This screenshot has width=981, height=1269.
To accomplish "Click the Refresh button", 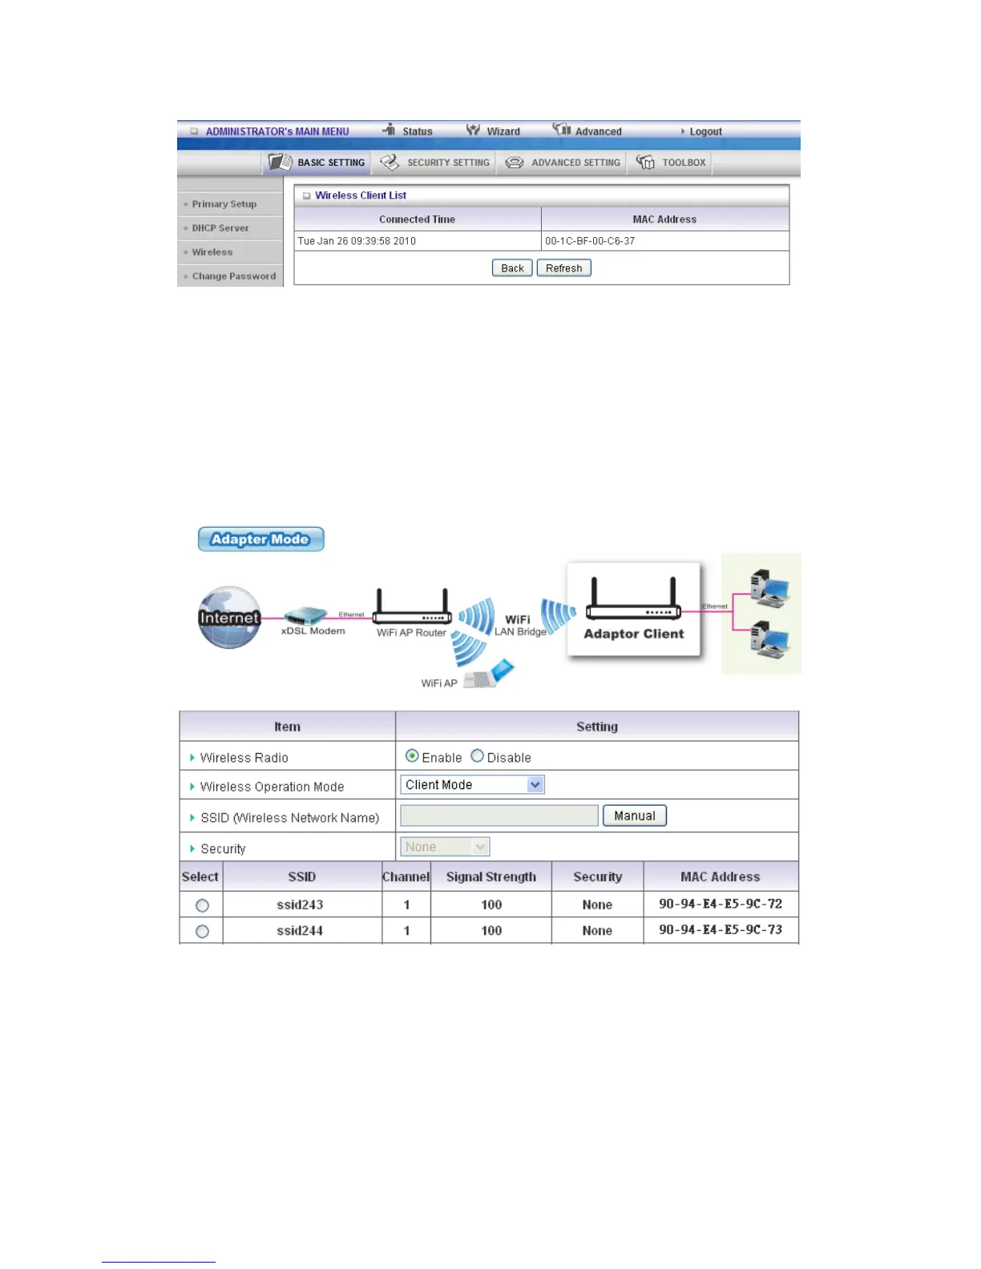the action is pyautogui.click(x=563, y=268).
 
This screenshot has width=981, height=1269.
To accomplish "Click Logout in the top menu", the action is pyautogui.click(x=704, y=131).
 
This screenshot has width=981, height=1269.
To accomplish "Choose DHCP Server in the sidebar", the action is pyautogui.click(x=220, y=228).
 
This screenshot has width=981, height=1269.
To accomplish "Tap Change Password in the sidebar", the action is pyautogui.click(x=233, y=276).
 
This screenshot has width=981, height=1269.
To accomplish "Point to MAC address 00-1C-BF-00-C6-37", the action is pyautogui.click(x=590, y=241).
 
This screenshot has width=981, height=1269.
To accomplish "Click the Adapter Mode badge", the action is pyautogui.click(x=261, y=539).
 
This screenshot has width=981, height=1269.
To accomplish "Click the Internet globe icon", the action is pyautogui.click(x=229, y=617).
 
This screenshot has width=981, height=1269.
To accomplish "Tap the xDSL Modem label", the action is pyautogui.click(x=313, y=631).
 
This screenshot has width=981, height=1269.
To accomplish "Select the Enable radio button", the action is pyautogui.click(x=412, y=756).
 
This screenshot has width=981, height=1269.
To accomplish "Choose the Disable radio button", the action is pyautogui.click(x=477, y=756).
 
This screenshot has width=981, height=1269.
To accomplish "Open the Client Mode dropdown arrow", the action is pyautogui.click(x=535, y=785).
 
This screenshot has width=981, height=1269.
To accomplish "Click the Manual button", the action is pyautogui.click(x=634, y=816).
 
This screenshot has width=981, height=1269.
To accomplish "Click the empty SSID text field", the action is pyautogui.click(x=499, y=816).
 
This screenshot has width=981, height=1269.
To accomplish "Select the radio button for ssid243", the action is pyautogui.click(x=202, y=905).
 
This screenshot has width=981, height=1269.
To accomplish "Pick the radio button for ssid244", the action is pyautogui.click(x=202, y=931).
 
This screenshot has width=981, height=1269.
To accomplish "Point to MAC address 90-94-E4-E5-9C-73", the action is pyautogui.click(x=720, y=930).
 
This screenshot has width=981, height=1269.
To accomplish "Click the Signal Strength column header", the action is pyautogui.click(x=490, y=876).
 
